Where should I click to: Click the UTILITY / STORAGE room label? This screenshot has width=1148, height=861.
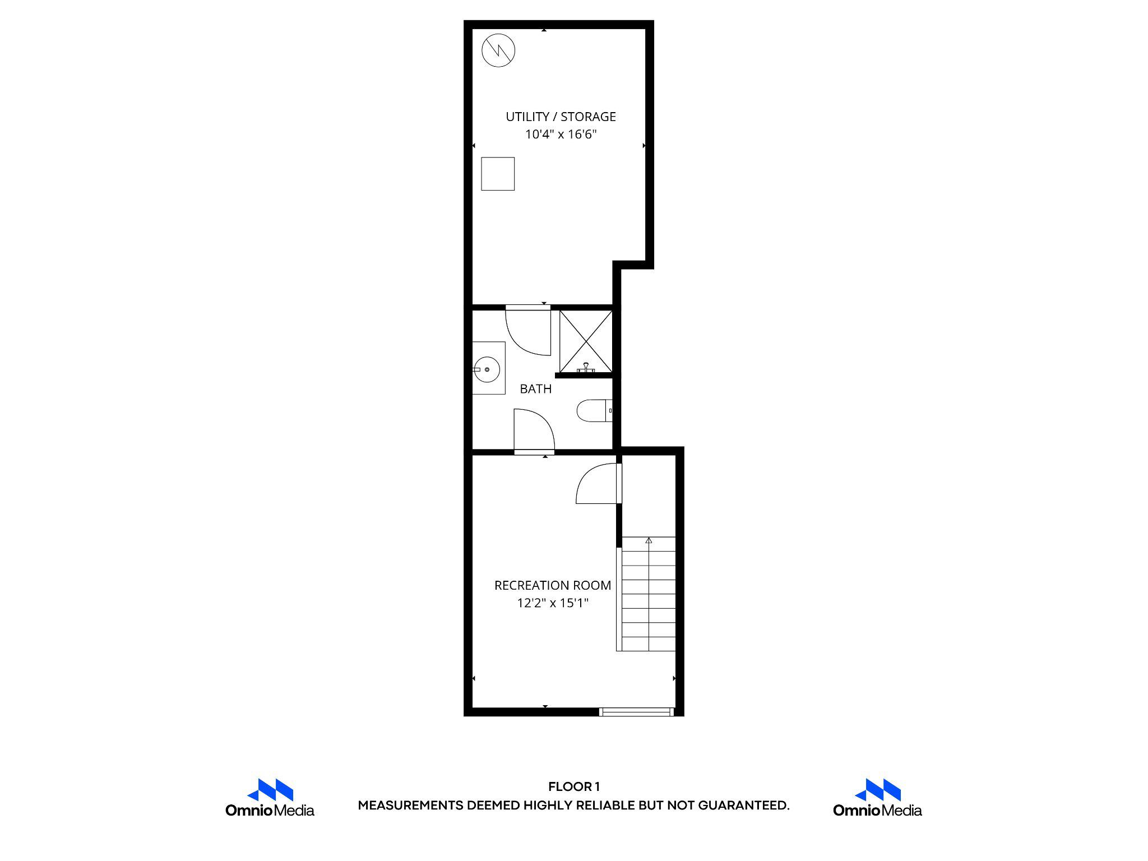click(561, 117)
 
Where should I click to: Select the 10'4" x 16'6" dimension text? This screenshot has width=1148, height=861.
click(561, 135)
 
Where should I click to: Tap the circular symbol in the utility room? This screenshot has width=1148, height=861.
click(498, 51)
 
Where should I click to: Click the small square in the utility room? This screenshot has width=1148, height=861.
click(498, 174)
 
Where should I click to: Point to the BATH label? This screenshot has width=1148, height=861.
click(535, 389)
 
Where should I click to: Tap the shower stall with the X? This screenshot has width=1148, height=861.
click(586, 341)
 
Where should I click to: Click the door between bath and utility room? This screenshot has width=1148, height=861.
click(528, 331)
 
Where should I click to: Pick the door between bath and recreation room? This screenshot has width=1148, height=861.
click(534, 430)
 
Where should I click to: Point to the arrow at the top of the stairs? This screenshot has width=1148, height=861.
click(649, 541)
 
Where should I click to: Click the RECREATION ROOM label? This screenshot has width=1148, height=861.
click(552, 585)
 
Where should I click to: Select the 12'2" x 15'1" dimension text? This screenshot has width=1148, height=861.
click(552, 603)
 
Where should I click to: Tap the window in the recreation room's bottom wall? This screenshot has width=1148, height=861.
click(636, 712)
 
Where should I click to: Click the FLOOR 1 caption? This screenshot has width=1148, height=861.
click(573, 787)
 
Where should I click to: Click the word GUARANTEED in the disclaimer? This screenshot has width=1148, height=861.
click(743, 806)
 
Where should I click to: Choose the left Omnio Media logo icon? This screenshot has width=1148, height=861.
click(270, 790)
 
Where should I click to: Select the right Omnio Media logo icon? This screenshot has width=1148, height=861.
click(877, 790)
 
